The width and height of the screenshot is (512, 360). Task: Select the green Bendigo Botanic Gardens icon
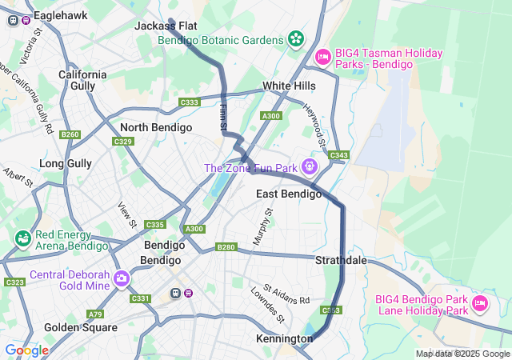point(297,38)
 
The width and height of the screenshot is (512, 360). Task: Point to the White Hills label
point(289,86)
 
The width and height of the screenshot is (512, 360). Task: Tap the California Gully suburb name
point(82,79)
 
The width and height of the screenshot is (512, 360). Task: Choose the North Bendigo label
point(156,127)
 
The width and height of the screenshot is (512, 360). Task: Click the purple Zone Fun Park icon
point(310,167)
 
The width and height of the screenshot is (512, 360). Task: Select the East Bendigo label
point(289,194)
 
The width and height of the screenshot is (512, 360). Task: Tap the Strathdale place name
point(341,261)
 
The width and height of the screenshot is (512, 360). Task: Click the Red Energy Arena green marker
point(22,238)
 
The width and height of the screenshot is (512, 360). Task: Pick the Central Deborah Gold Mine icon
point(122,278)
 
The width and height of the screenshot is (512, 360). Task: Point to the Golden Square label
point(80,327)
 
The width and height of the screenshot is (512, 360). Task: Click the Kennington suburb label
point(284,339)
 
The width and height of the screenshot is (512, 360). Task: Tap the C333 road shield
point(190,102)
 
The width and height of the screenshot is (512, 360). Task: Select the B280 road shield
point(226,248)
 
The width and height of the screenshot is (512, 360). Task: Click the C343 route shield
point(338,155)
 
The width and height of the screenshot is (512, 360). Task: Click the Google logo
point(26,350)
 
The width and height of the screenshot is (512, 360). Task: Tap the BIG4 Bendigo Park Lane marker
point(480,303)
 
